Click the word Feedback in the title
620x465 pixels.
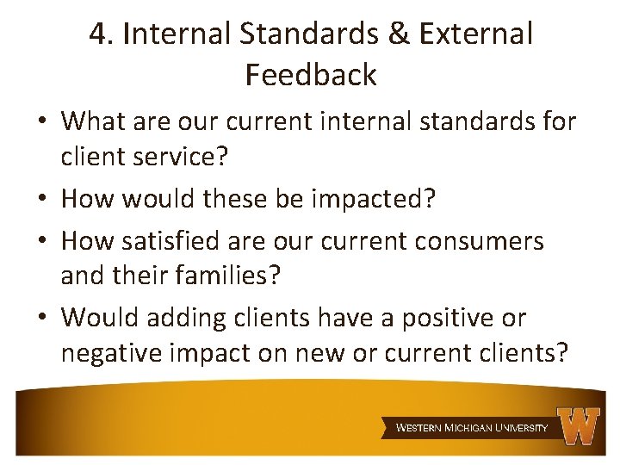(x=311, y=75)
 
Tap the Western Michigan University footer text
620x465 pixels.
(x=471, y=427)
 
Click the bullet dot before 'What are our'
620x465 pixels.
(x=43, y=122)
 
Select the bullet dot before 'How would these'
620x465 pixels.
(x=43, y=199)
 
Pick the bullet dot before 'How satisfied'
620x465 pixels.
(x=43, y=241)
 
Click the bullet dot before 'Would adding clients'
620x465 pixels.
(x=43, y=318)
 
